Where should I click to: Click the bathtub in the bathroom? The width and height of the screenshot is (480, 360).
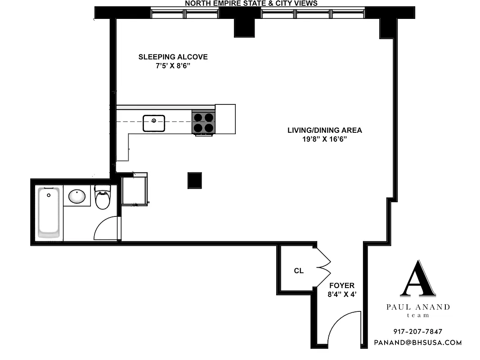[x=48, y=213]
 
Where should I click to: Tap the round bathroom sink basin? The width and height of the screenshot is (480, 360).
[x=77, y=197]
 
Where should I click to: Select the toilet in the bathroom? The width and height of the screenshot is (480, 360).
[x=103, y=198]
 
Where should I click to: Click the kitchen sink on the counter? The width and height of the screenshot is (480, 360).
[x=154, y=123]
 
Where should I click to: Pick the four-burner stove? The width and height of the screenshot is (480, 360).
[x=203, y=123]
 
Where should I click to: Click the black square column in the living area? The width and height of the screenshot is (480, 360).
[x=195, y=180]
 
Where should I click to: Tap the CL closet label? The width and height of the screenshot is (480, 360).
[x=299, y=271]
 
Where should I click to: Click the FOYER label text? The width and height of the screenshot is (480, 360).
[x=342, y=285]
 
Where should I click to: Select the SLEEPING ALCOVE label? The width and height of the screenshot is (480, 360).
[x=173, y=57]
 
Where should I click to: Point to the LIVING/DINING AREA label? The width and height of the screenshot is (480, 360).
[x=325, y=130]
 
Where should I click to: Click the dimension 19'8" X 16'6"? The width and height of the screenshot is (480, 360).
[x=325, y=139]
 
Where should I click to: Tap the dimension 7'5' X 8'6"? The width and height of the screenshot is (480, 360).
[x=173, y=66]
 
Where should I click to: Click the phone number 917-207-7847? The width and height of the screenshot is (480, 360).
[x=418, y=332]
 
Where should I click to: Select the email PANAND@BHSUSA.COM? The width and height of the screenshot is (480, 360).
[x=418, y=342]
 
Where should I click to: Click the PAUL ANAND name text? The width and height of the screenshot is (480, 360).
[x=418, y=307]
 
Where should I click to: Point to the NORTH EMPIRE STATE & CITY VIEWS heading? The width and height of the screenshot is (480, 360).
[x=251, y=4]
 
